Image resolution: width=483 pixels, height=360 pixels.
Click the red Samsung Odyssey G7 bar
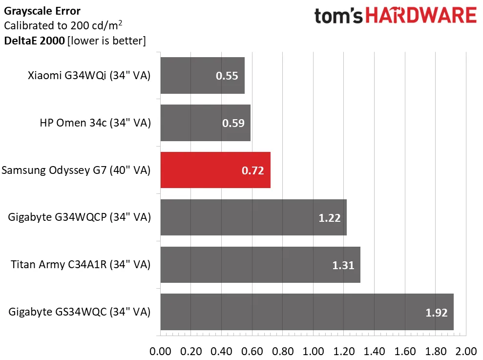(215, 170)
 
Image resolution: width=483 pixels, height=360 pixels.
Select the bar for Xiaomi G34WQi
(202, 76)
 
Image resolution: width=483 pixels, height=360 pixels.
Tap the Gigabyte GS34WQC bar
(307, 312)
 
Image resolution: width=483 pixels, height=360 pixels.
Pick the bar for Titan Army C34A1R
(260, 265)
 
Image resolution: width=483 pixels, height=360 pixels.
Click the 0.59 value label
(233, 123)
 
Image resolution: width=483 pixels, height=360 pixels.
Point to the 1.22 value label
(330, 218)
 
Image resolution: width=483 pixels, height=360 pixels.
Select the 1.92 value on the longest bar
(437, 312)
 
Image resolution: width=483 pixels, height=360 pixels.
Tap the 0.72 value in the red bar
(252, 170)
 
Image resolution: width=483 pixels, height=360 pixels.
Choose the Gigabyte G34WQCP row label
(80, 217)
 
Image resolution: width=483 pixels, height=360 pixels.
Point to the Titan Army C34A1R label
(81, 265)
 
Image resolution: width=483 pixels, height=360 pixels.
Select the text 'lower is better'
(106, 41)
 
